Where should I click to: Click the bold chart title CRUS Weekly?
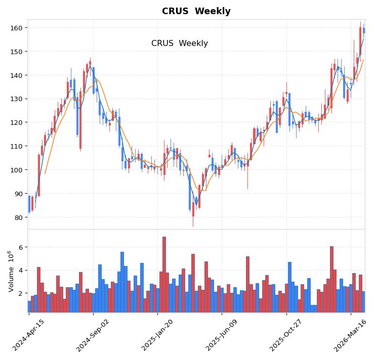click(x=196, y=11)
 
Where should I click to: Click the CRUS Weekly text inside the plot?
click(x=179, y=43)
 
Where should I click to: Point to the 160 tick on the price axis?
click(x=17, y=28)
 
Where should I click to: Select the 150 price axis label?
click(x=17, y=52)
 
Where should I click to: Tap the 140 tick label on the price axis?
click(x=17, y=75)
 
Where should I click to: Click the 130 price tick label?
click(x=17, y=99)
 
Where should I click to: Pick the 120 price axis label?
click(x=17, y=122)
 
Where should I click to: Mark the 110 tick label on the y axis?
click(x=17, y=146)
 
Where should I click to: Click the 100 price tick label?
click(x=17, y=170)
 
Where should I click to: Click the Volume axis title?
click(x=11, y=271)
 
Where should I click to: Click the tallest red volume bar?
click(x=164, y=275)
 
